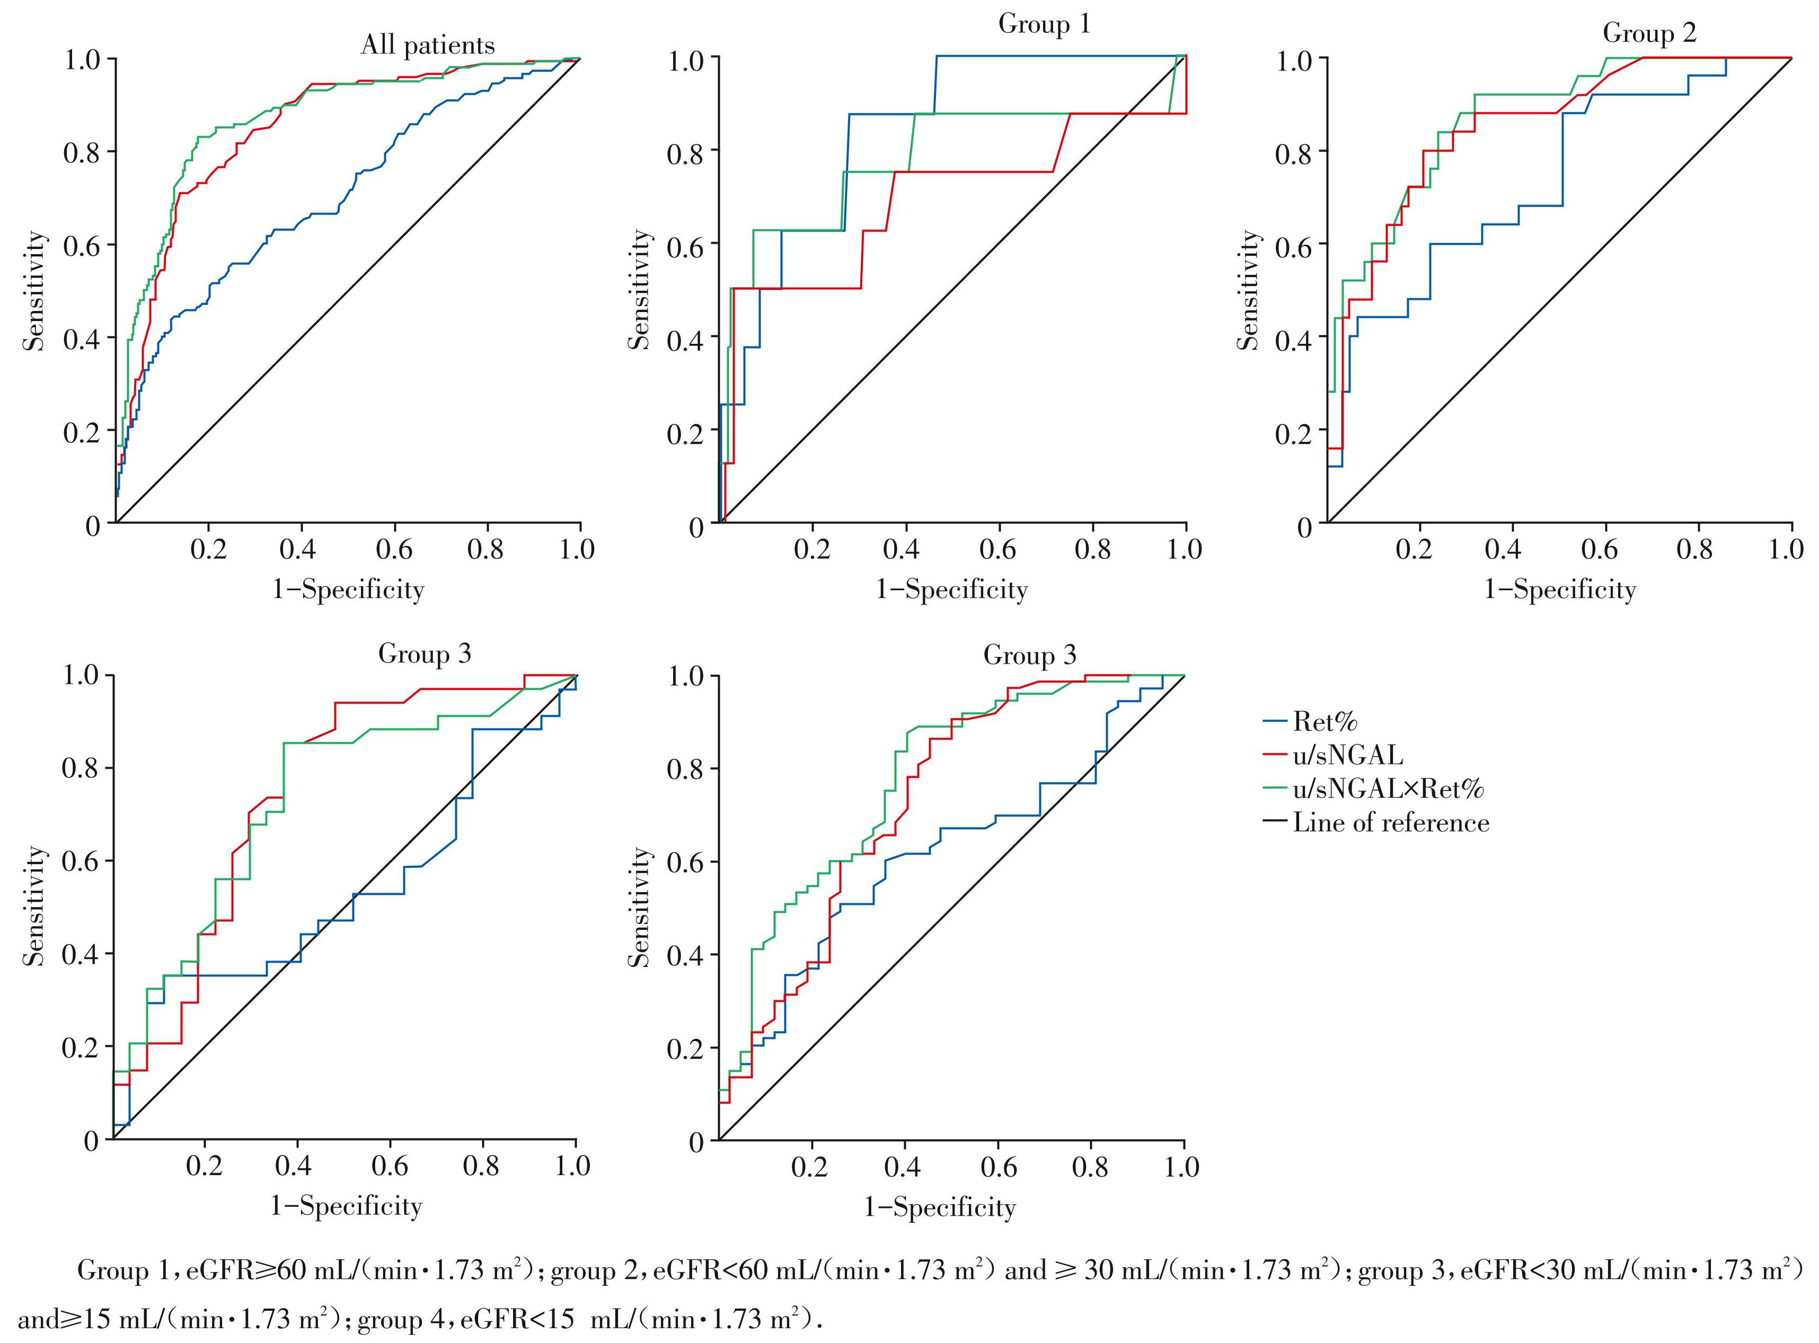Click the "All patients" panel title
(x=428, y=46)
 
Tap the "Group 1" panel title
(x=1044, y=24)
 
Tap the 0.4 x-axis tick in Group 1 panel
(x=901, y=549)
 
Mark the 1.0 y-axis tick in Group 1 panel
(x=687, y=58)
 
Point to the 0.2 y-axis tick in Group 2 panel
(x=1294, y=431)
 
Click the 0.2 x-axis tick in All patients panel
(x=209, y=549)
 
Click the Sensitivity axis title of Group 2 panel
(x=1247, y=290)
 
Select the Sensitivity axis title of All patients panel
(x=34, y=290)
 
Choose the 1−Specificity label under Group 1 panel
(x=951, y=590)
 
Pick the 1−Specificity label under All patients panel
(x=348, y=590)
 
